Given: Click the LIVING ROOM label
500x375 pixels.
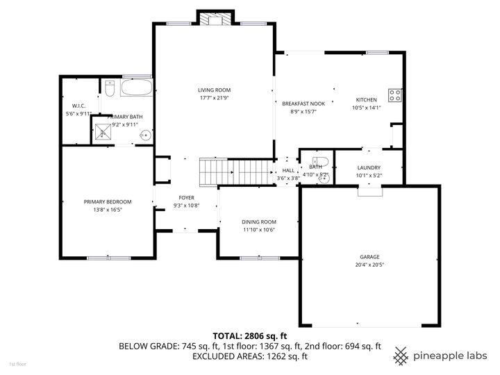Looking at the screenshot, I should [x=214, y=90].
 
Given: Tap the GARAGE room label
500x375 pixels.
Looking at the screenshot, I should [x=369, y=257].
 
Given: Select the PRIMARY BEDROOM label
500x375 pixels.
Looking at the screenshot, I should [x=108, y=201].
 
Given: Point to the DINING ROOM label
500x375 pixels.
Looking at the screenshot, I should [x=259, y=222].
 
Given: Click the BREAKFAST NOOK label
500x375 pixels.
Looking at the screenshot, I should [x=299, y=103].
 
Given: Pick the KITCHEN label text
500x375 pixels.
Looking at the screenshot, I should [x=366, y=99].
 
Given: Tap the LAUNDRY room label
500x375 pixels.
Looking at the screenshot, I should [x=369, y=167].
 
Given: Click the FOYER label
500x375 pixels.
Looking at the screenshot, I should [x=186, y=198].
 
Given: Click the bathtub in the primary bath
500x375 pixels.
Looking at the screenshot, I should [x=136, y=89].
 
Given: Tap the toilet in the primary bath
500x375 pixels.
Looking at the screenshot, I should [x=110, y=89].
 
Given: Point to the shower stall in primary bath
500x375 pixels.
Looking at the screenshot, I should [x=102, y=132].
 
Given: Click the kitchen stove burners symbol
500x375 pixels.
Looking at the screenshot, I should [x=395, y=95].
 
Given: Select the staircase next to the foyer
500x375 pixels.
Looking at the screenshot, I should [x=233, y=172].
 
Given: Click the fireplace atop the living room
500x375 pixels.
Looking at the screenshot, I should [x=214, y=19].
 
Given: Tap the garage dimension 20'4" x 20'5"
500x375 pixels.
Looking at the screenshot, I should [x=369, y=265].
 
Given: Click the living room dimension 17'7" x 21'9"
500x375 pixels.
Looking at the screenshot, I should [x=214, y=98].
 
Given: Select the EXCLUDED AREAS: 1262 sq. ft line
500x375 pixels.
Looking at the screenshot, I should [x=249, y=356].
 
